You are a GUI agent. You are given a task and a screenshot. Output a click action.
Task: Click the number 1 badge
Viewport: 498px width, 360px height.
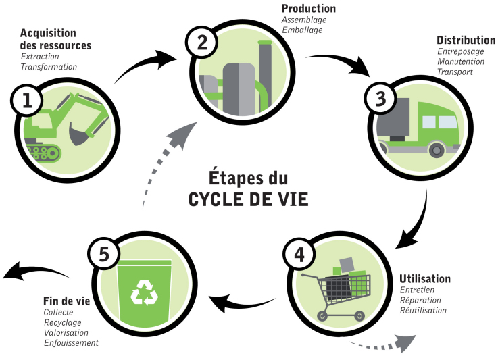27,101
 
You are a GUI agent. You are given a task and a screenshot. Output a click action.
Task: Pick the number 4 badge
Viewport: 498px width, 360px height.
297,255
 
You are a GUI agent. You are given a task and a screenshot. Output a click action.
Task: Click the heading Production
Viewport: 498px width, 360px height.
308,9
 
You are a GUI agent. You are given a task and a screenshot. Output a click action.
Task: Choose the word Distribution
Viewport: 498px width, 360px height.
465,40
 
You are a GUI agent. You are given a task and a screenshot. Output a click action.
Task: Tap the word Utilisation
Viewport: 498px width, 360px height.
425,278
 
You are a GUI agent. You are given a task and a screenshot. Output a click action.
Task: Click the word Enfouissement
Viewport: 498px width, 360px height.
71,343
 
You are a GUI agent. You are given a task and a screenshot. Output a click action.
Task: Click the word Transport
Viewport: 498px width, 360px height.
455,72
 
